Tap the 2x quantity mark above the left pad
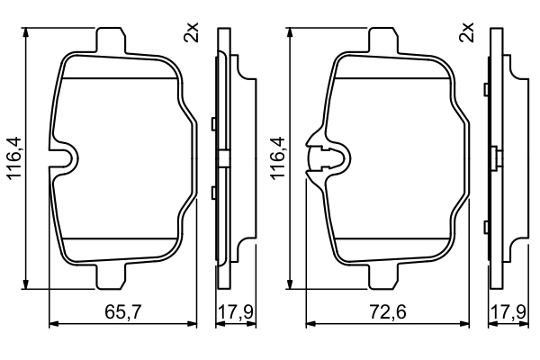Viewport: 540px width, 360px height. coord(190,34)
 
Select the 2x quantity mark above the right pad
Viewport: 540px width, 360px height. coord(466,34)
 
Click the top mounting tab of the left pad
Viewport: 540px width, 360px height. coord(110,41)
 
